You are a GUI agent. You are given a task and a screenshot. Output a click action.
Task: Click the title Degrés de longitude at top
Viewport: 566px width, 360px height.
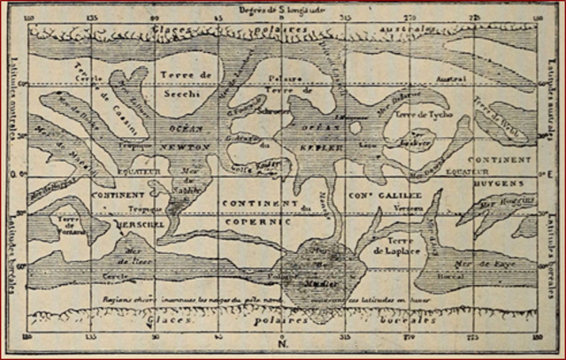click(284, 9)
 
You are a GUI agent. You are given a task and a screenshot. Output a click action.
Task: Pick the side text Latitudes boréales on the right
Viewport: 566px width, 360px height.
click(554, 257)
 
